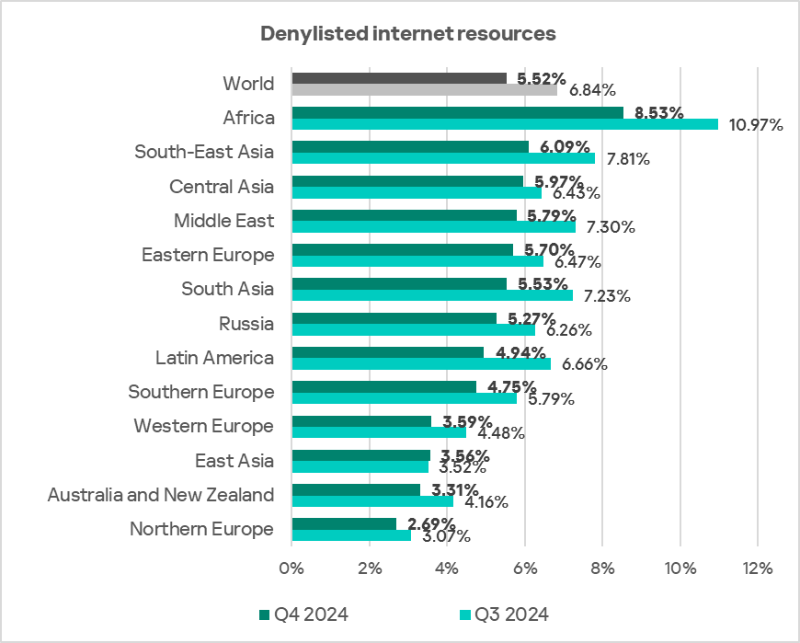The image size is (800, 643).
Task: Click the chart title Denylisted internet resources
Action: (408, 34)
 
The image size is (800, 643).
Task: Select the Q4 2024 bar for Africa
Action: (457, 112)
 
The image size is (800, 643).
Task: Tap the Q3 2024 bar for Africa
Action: (505, 124)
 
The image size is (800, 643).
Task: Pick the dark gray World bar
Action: (399, 78)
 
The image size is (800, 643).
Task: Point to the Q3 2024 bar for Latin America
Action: (421, 363)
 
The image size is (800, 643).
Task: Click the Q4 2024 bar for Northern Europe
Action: (344, 523)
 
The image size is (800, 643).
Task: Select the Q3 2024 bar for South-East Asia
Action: (443, 158)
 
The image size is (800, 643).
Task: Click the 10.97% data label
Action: (754, 124)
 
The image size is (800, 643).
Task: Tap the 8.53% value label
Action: (658, 113)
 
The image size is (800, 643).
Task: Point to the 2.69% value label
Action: (430, 523)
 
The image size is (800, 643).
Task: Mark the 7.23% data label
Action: (609, 295)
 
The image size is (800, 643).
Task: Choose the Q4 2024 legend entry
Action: (303, 614)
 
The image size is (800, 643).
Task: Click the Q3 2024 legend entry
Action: (503, 614)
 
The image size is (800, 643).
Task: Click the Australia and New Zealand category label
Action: (160, 495)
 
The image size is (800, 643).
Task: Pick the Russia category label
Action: (246, 324)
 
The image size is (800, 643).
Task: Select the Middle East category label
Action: (223, 221)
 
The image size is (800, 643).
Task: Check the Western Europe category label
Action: (203, 426)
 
